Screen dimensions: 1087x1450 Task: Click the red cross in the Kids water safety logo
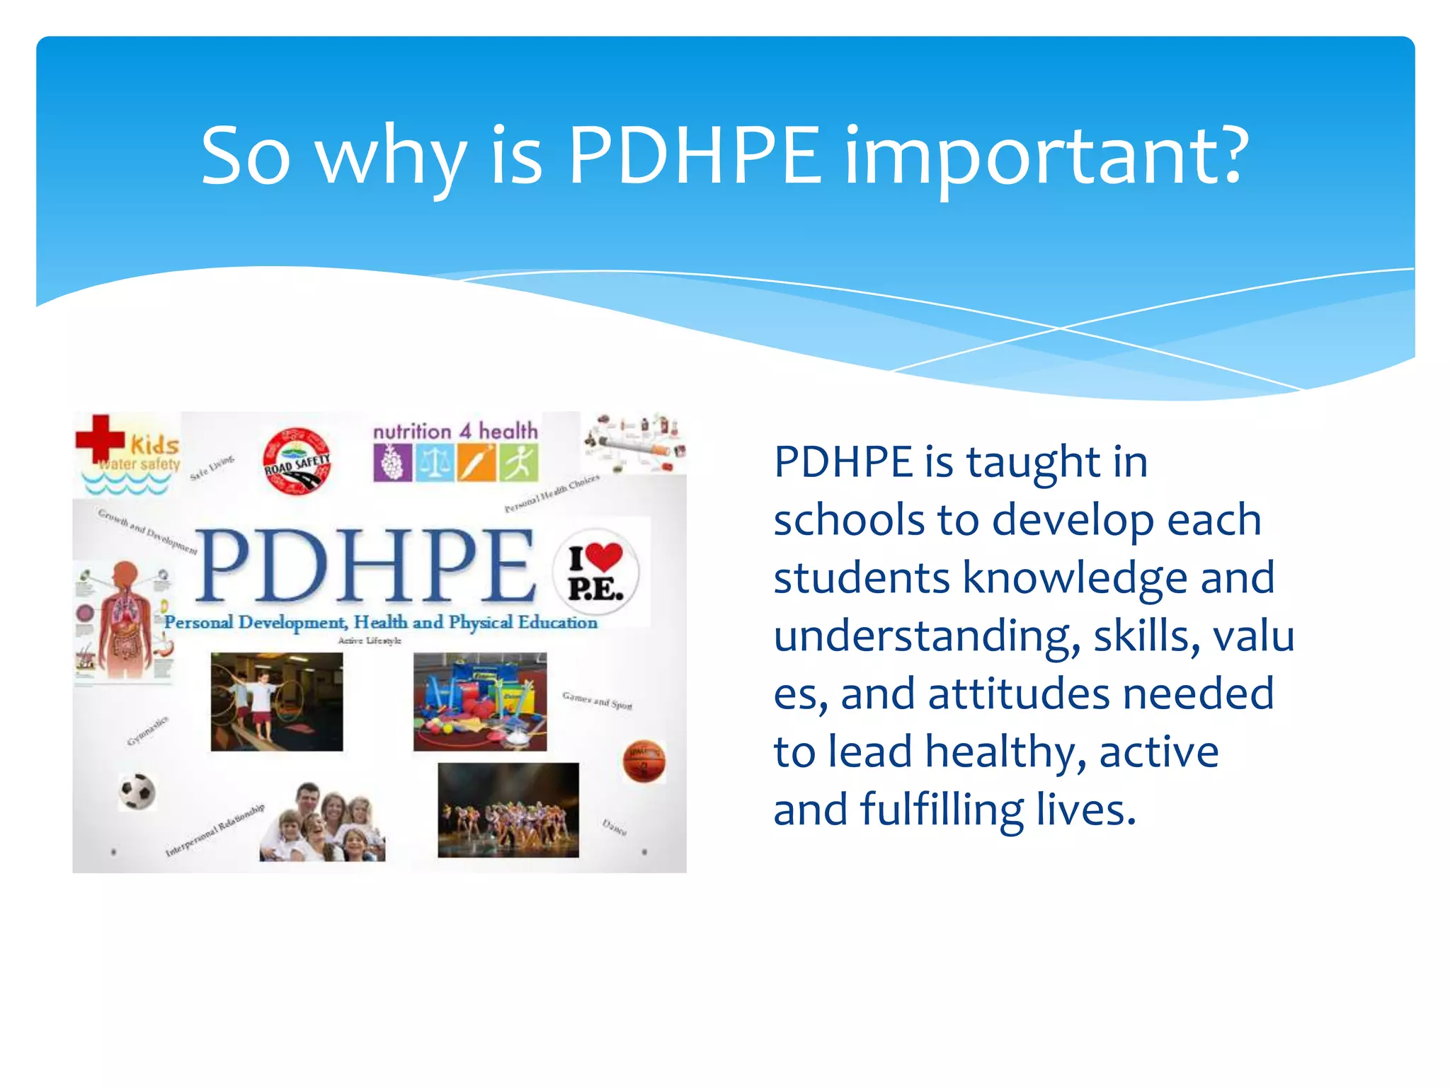(x=100, y=439)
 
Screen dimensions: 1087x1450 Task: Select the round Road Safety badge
(x=297, y=461)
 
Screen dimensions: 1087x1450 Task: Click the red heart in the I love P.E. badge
(x=603, y=557)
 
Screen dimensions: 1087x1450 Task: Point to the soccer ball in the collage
(x=137, y=791)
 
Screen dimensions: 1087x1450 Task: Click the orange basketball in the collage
(x=644, y=761)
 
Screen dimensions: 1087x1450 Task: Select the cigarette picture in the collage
(x=634, y=444)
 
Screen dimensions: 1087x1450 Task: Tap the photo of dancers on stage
(x=508, y=810)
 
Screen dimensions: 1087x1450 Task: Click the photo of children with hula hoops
(x=277, y=701)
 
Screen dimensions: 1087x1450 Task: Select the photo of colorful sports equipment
(x=480, y=701)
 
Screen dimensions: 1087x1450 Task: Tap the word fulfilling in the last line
(x=942, y=810)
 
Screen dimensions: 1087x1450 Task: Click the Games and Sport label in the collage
(x=597, y=701)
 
